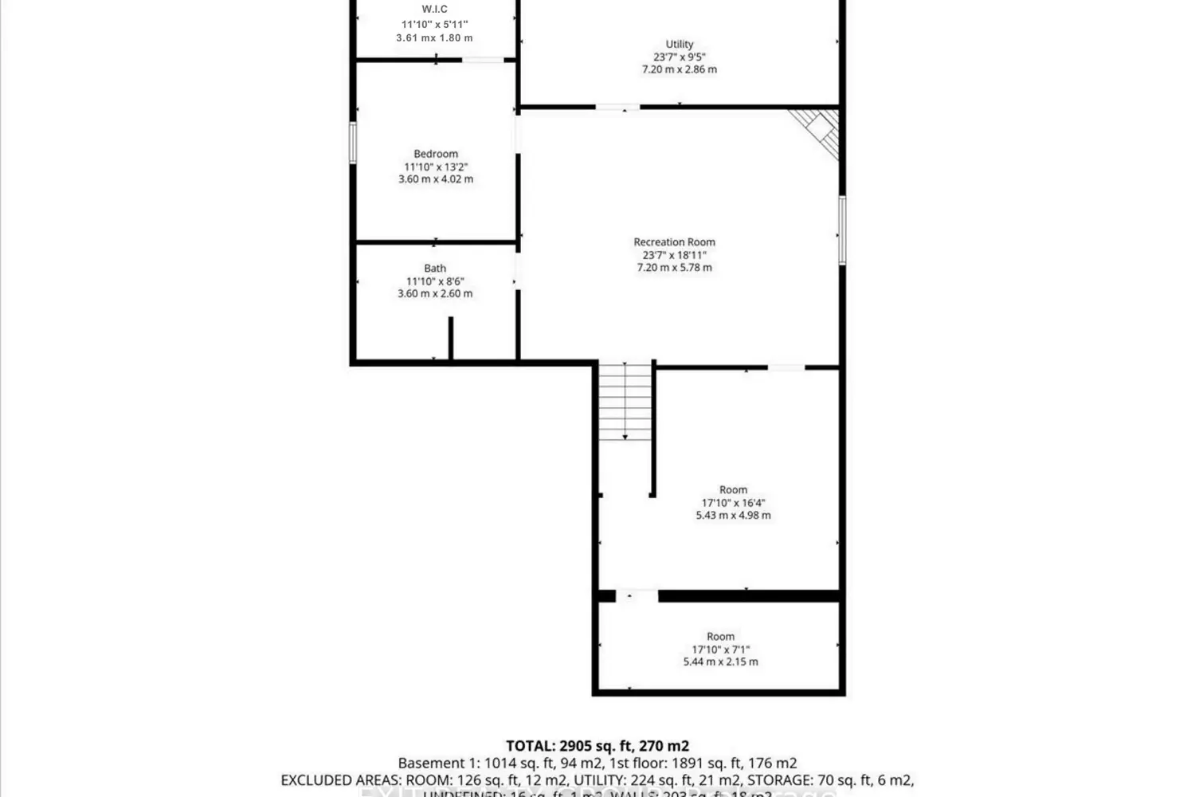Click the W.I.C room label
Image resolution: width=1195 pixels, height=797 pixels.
[434, 10]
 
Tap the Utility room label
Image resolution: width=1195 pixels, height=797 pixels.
[680, 44]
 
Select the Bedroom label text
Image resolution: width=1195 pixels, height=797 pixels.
[436, 154]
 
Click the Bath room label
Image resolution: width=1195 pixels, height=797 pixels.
[435, 269]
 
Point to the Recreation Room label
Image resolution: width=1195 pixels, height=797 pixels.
[674, 242]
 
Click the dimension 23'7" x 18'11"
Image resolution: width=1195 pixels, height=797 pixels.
[674, 255]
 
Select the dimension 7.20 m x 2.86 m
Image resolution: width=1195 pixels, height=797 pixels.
[680, 69]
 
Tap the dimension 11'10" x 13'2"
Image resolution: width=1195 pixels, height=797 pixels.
[436, 167]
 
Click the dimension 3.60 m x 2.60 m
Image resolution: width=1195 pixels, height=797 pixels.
[435, 293]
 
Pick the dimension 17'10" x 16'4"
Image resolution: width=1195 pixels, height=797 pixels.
[733, 503]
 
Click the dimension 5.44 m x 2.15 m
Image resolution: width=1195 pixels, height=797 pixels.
[720, 662]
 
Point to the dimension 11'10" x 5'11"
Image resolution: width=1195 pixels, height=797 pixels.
[434, 25]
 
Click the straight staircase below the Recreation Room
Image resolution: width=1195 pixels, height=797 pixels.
[625, 401]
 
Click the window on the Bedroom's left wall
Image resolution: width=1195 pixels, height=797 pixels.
[353, 143]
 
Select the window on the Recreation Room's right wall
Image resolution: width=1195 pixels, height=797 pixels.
[842, 230]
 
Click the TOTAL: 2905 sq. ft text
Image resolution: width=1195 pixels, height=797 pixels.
[597, 746]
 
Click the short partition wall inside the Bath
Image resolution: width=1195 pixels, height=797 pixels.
[450, 339]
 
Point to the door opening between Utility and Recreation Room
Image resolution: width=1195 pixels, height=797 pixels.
[617, 107]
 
